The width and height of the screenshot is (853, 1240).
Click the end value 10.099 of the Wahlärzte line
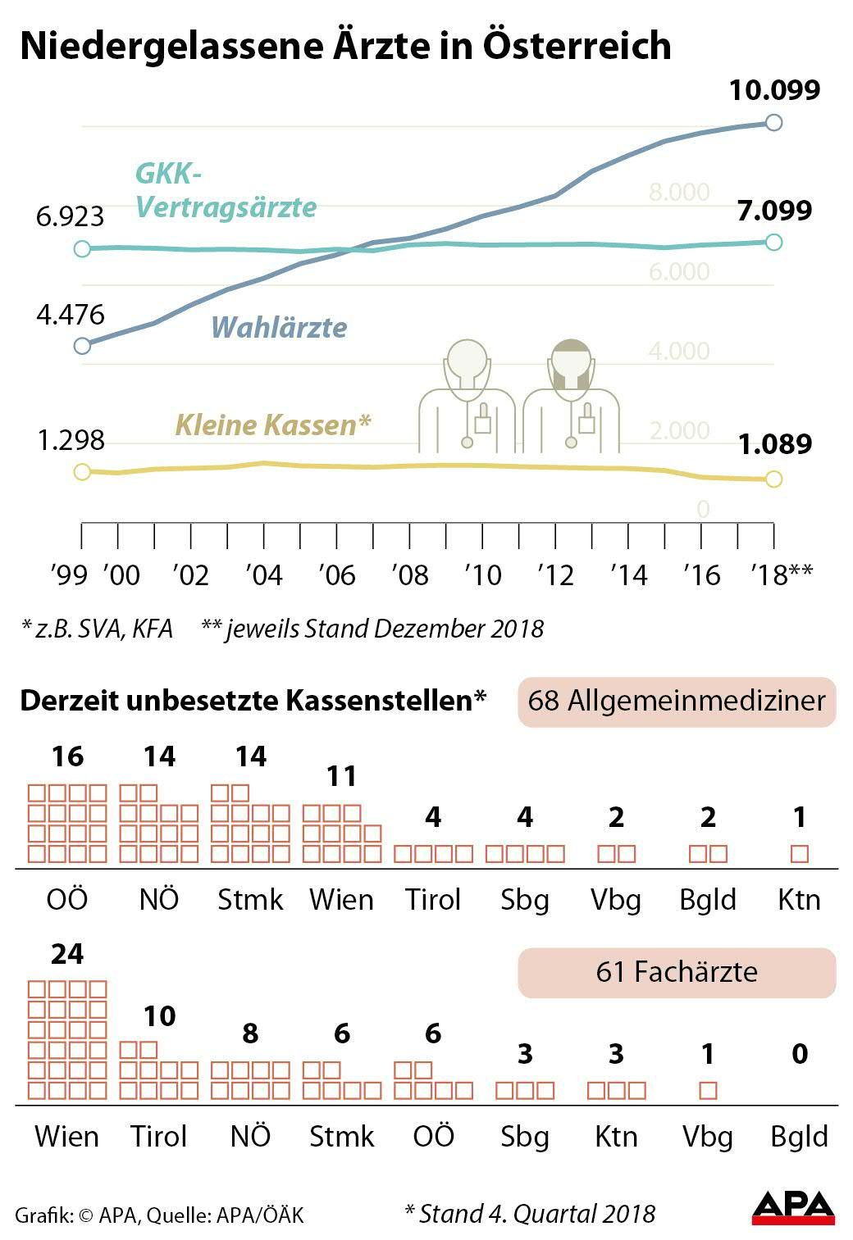774,89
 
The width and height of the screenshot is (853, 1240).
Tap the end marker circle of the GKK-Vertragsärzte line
773,242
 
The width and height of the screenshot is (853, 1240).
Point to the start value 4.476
71,314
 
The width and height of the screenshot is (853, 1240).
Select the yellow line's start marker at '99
81,471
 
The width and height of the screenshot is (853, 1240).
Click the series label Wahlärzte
279,328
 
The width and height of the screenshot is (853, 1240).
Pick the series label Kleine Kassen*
273,425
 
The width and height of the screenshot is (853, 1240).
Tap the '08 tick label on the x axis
410,575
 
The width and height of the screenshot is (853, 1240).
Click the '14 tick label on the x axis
629,575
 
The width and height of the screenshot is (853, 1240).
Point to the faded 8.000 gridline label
679,193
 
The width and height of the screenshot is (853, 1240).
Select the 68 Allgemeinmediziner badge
677,702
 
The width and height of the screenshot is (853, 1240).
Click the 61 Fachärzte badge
677,972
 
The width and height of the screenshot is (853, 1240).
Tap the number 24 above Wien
67,954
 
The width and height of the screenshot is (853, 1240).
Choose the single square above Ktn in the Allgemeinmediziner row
800,854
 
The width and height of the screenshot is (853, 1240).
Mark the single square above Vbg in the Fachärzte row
709,1091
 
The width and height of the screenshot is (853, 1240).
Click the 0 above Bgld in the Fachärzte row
800,1054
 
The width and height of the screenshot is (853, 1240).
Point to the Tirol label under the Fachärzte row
159,1137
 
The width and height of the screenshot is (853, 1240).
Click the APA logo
793,1208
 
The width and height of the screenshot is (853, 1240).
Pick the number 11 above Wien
342,775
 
